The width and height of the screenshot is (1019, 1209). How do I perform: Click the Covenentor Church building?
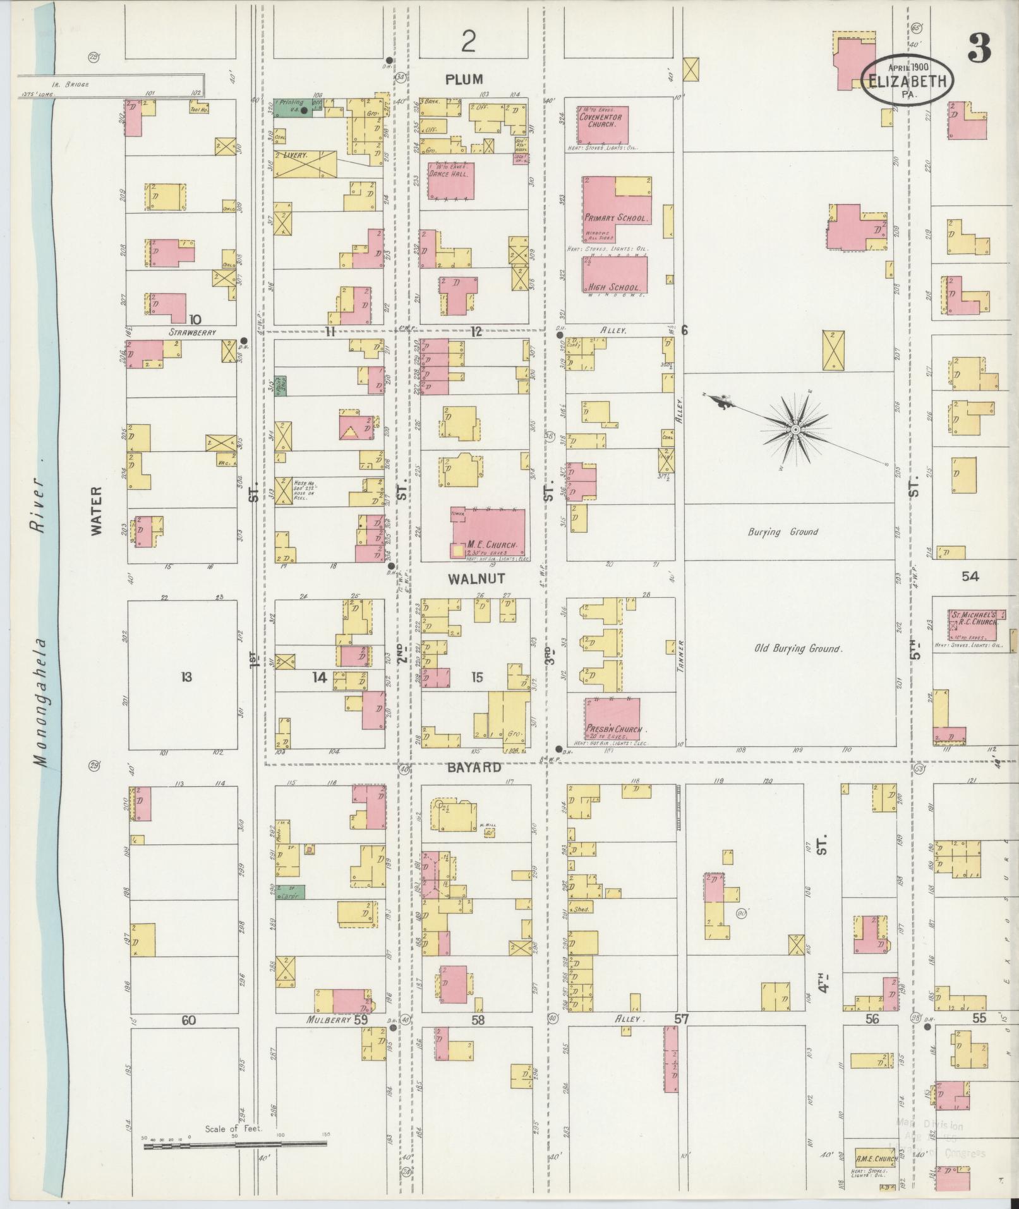tap(602, 124)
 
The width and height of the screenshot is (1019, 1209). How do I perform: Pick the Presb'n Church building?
tap(612, 719)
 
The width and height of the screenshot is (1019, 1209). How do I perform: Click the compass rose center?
tap(795, 430)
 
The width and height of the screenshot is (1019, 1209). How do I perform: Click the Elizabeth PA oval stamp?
tap(908, 81)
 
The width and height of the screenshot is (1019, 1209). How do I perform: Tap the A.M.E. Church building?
tap(876, 1160)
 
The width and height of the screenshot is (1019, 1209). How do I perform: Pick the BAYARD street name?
tap(474, 767)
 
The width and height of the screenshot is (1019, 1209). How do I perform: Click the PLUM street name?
tap(464, 79)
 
